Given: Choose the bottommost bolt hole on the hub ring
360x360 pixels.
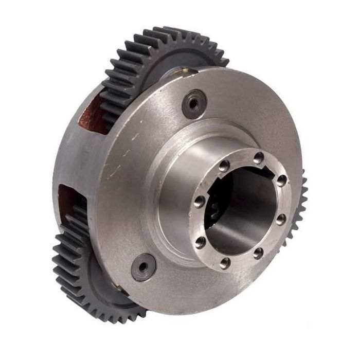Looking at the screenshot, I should click(225, 263).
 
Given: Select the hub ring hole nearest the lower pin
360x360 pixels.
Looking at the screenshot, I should click(201, 240).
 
